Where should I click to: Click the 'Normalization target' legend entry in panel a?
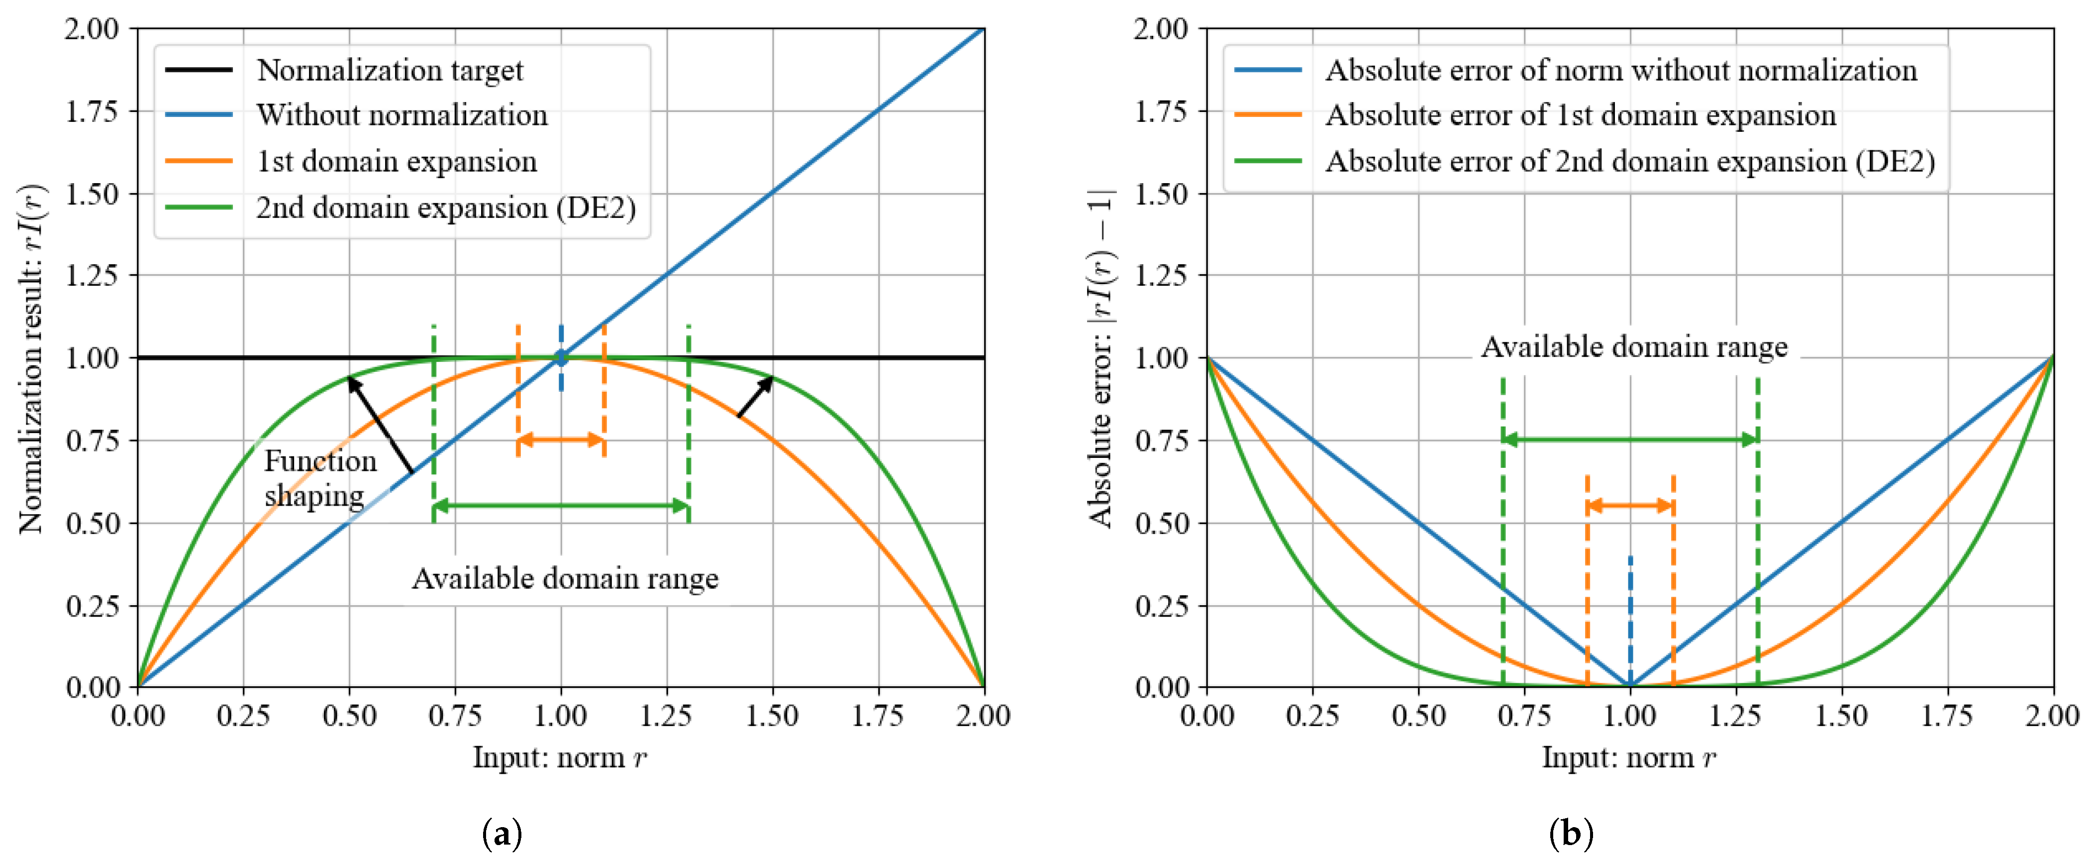390,70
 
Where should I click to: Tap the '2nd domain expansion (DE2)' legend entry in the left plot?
445,208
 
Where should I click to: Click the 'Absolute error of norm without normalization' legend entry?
1621,70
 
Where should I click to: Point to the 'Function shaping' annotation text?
319,478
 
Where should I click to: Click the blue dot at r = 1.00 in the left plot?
561,357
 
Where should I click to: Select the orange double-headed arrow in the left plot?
561,440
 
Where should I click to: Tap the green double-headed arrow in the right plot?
1630,440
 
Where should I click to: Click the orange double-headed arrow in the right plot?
1630,506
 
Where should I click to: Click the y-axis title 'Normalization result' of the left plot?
33,359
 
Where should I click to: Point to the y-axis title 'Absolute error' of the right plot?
1100,359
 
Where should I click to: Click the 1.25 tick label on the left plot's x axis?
666,716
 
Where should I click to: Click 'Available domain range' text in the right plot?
1634,347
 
